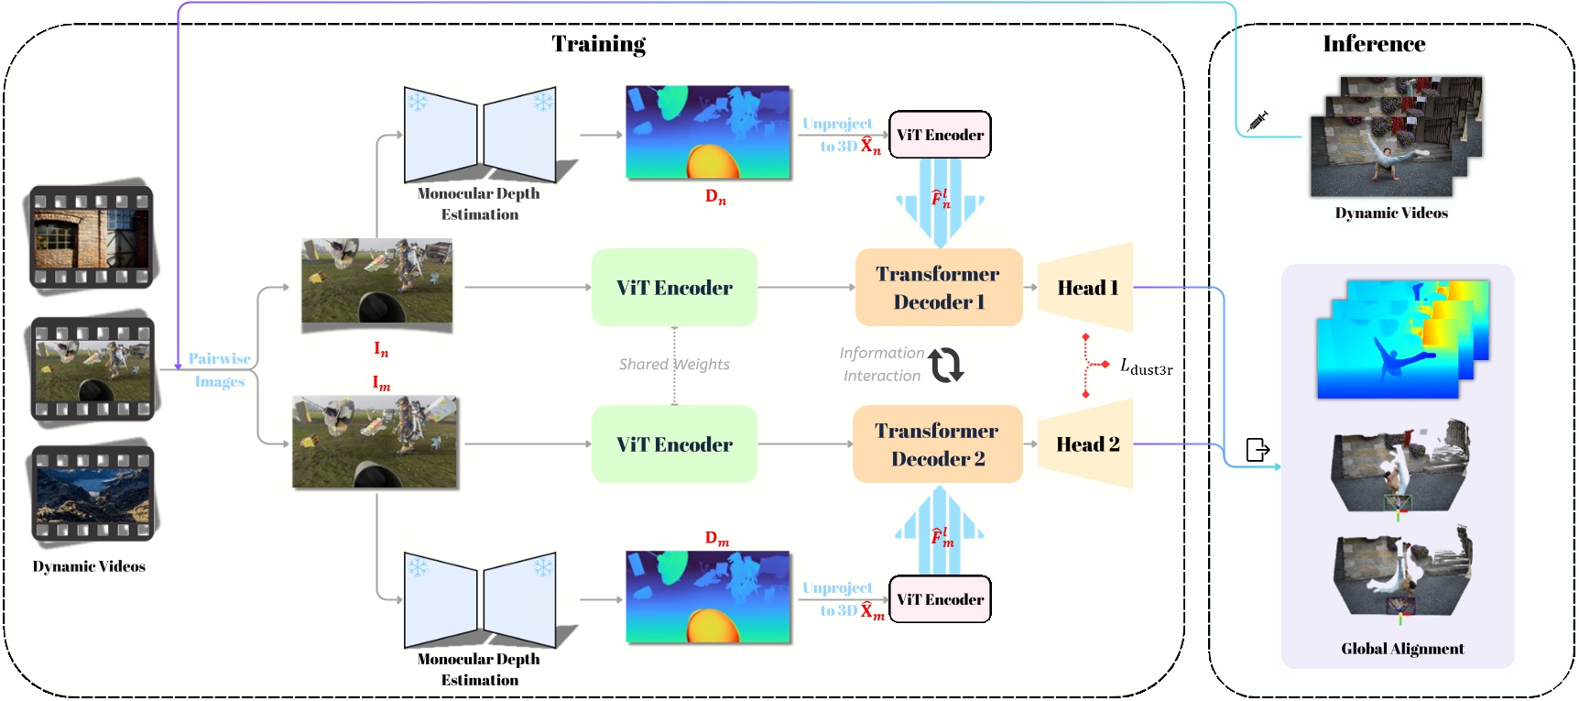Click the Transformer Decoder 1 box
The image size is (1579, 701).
point(939,288)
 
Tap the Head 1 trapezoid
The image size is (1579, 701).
point(1087,288)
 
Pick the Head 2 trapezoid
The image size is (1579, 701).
point(1087,444)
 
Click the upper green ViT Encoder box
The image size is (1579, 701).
point(674,288)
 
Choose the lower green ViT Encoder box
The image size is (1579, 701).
point(674,444)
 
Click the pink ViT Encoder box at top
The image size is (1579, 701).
point(940,135)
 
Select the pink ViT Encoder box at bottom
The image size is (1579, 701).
point(940,599)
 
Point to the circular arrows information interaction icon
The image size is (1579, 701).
point(946,365)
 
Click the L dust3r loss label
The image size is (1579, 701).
point(1146,367)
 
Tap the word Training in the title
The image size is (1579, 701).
point(598,44)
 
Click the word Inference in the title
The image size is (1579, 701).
point(1373,44)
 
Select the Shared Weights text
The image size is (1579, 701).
point(674,365)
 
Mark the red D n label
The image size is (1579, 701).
point(715,197)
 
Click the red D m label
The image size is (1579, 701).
point(716,539)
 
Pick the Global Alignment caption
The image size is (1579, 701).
point(1402,649)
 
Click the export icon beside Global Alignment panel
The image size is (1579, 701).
point(1258,450)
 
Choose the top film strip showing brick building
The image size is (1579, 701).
point(91,237)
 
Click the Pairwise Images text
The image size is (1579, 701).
point(220,370)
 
